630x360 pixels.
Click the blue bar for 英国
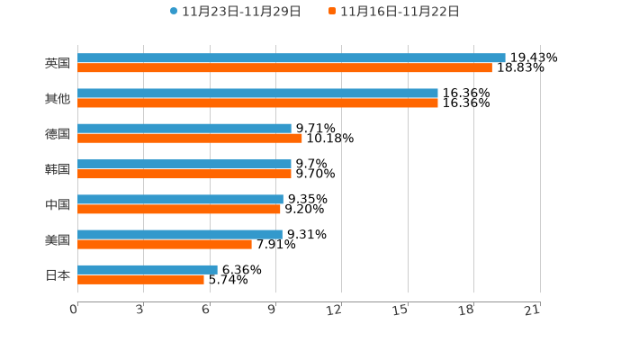pyautogui.click(x=291, y=58)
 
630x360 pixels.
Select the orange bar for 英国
pyautogui.click(x=284, y=68)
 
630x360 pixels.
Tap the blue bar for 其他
pyautogui.click(x=257, y=93)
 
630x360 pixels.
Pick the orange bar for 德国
pyautogui.click(x=190, y=139)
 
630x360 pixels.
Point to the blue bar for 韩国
pyautogui.click(x=184, y=164)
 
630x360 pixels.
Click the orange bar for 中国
pyautogui.click(x=179, y=209)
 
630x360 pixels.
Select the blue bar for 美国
pyautogui.click(x=180, y=234)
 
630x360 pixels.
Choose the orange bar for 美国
pyautogui.click(x=165, y=244)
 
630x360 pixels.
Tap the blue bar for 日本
pyautogui.click(x=148, y=269)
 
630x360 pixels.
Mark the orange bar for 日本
pyautogui.click(x=141, y=279)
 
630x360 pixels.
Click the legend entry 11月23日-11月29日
pyautogui.click(x=236, y=12)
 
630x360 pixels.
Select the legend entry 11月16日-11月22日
pyautogui.click(x=394, y=12)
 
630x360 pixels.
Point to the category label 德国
pyautogui.click(x=58, y=134)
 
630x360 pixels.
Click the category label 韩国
pyautogui.click(x=58, y=169)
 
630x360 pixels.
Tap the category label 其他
pyautogui.click(x=58, y=99)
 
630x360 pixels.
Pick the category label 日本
pyautogui.click(x=58, y=274)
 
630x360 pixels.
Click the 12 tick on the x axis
pyautogui.click(x=335, y=310)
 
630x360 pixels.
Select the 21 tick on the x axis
pyautogui.click(x=533, y=310)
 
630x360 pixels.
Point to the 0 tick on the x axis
pyautogui.click(x=75, y=310)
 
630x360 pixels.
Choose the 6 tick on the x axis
pyautogui.click(x=206, y=310)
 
